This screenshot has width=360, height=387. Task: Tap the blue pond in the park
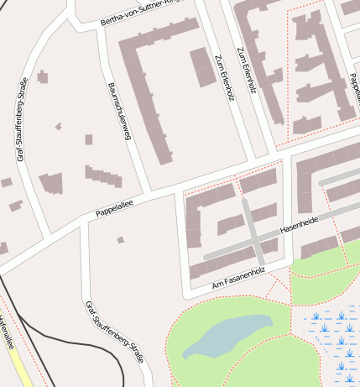(227, 335)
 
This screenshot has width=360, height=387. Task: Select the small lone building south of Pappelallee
(121, 240)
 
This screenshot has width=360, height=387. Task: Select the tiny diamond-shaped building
(58, 127)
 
